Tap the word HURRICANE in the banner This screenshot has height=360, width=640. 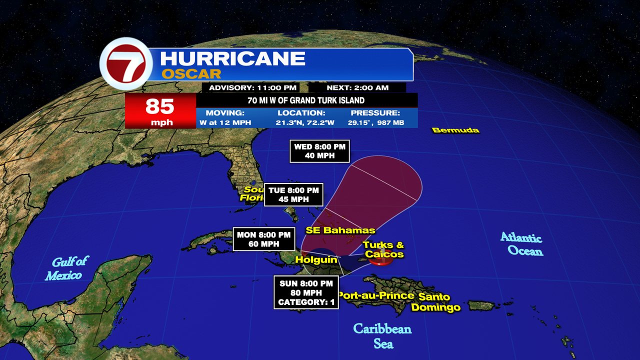pyautogui.click(x=232, y=58)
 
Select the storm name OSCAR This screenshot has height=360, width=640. pyautogui.click(x=191, y=74)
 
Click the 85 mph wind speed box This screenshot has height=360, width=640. pyautogui.click(x=160, y=111)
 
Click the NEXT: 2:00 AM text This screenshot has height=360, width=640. pyautogui.click(x=357, y=88)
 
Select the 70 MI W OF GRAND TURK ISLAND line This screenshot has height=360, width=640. pyautogui.click(x=306, y=100)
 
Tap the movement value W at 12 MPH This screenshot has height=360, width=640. pyautogui.click(x=225, y=122)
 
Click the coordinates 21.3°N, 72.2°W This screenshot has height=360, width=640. pyautogui.click(x=301, y=122)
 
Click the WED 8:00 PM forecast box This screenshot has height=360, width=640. pyautogui.click(x=319, y=151)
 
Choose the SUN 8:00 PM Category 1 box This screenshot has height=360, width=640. pyautogui.click(x=306, y=292)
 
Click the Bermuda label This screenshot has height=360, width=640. pyautogui.click(x=455, y=130)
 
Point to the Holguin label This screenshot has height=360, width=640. pyautogui.click(x=316, y=259)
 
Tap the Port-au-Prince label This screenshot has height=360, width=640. pyautogui.click(x=376, y=295)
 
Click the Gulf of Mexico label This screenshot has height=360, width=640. pyautogui.click(x=66, y=268)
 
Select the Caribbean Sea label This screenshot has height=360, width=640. pyautogui.click(x=382, y=336)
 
